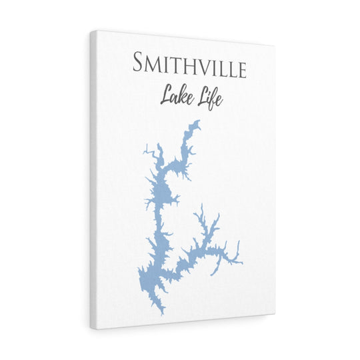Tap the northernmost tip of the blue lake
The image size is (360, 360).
pyautogui.click(x=197, y=121)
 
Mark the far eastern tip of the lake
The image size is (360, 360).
pyautogui.click(x=242, y=262)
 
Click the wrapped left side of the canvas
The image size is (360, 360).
pyautogui.click(x=95, y=180)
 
